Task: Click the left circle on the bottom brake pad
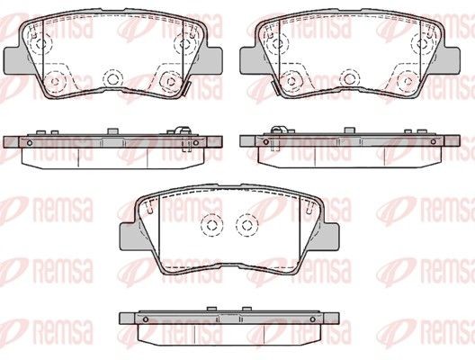[x=211, y=225]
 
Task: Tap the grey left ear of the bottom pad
[x=128, y=235]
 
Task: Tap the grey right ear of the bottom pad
[x=335, y=235]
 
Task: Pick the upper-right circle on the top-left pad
[x=188, y=41]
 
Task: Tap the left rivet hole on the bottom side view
[x=144, y=320]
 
